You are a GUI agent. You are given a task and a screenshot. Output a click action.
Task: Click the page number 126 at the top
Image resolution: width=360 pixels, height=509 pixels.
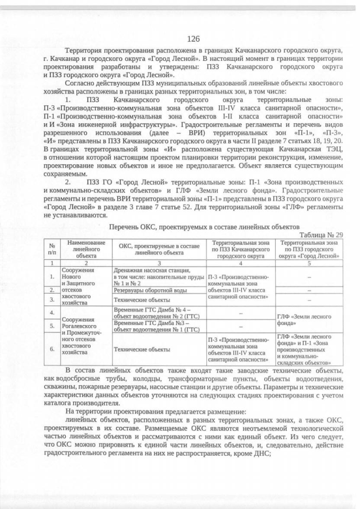193,39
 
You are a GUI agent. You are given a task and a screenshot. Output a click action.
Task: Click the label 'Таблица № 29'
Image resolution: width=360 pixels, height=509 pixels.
321,235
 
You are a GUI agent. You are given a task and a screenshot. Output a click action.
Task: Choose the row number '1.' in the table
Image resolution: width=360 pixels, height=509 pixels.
52,276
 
